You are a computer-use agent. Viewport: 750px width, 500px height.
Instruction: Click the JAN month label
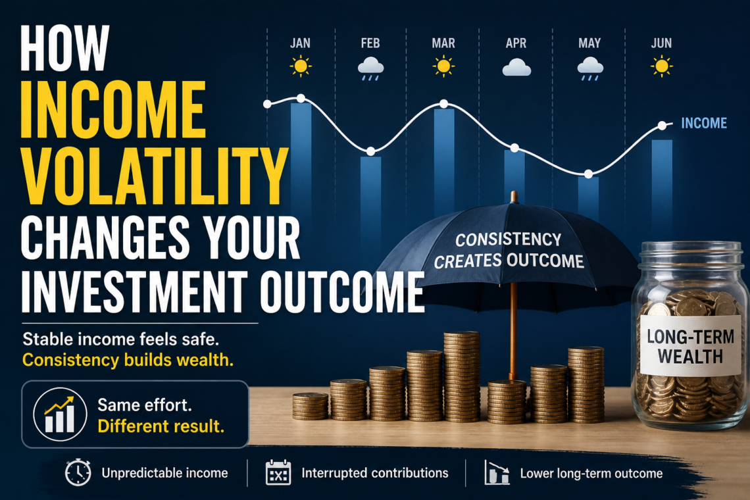point(301,43)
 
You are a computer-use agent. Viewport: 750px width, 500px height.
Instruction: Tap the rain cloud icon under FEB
point(370,69)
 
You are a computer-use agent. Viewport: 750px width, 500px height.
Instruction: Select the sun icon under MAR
point(443,66)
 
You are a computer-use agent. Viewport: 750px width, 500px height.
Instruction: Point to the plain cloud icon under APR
point(516,68)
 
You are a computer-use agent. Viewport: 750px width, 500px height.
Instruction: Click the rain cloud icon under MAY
point(589,69)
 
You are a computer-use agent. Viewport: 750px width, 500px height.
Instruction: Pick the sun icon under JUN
point(662,66)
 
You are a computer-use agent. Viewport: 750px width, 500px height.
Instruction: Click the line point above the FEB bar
point(370,151)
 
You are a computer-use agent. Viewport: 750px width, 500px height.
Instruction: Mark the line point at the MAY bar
point(589,174)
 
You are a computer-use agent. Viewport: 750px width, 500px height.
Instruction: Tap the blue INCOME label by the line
point(704,123)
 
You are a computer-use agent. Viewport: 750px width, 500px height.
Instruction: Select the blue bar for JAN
point(301,158)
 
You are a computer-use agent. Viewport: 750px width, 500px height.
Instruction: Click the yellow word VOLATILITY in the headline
point(155,176)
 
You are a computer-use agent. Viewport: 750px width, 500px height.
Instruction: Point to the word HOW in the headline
point(65,48)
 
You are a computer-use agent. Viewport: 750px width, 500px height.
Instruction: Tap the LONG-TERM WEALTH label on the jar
point(690,347)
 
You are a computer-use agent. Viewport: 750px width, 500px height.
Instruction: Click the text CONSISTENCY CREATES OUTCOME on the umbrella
point(509,250)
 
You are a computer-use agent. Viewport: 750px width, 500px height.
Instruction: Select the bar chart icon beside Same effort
point(60,414)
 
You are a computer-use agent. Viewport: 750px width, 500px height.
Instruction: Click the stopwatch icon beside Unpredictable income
point(78,472)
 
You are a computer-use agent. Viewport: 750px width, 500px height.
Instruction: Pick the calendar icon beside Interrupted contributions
point(278,473)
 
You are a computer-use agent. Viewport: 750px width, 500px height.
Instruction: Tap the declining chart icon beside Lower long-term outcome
point(497,473)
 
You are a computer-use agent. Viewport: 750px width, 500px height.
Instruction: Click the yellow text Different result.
point(161,426)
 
